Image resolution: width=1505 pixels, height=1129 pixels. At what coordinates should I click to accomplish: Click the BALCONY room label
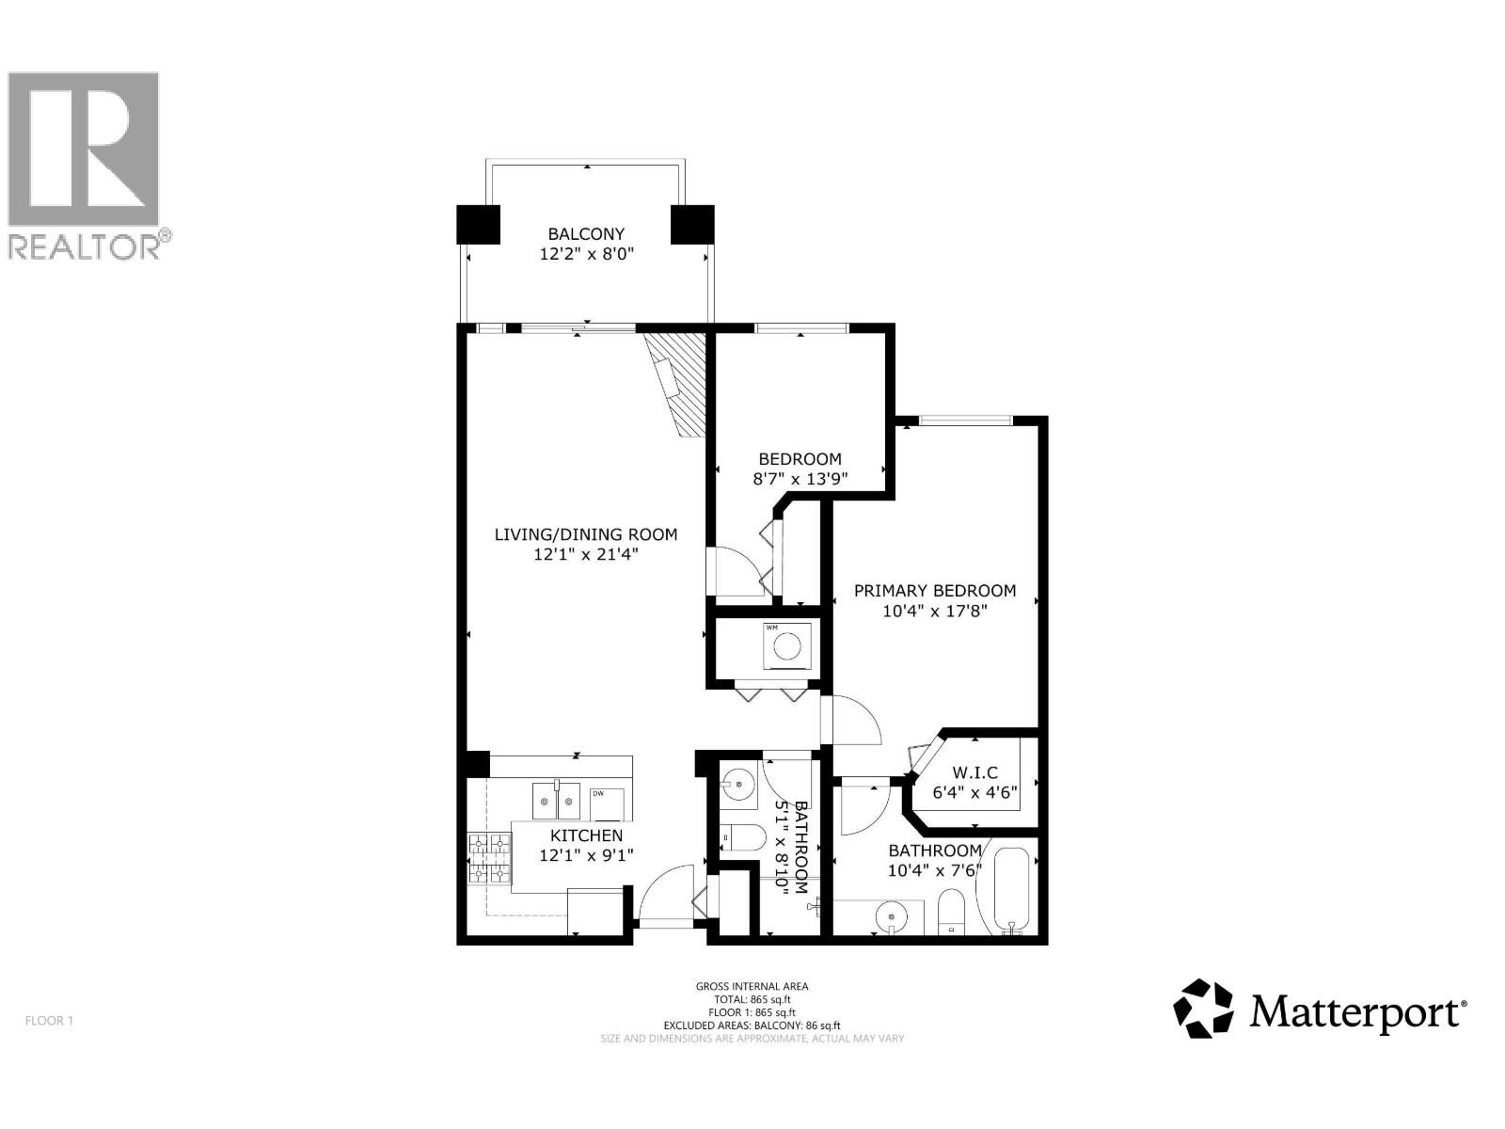tap(586, 233)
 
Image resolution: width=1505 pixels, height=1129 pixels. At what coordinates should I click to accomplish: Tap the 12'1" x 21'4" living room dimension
tap(586, 555)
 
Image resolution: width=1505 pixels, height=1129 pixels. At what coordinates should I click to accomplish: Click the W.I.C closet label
tap(974, 772)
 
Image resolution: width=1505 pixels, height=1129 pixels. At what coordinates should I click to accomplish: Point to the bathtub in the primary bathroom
tap(1011, 889)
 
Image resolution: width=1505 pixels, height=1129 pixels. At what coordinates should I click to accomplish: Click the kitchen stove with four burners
tap(488, 859)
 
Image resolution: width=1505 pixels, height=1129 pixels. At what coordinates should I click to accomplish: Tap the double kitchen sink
tap(556, 800)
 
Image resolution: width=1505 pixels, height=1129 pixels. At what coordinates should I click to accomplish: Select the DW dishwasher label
tap(597, 794)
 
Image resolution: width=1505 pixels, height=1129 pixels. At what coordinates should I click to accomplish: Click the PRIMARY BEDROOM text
tap(934, 591)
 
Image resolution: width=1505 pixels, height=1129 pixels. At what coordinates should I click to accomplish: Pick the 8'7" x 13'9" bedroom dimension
tap(800, 479)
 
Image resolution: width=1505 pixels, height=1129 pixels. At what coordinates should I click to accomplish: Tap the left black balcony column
tap(479, 225)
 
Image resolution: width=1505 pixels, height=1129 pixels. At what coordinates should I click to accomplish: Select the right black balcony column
tap(693, 225)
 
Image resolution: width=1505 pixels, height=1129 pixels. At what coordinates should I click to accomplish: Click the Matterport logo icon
tap(1203, 1009)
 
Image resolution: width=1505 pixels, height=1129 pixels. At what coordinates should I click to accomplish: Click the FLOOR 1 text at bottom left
tap(49, 1021)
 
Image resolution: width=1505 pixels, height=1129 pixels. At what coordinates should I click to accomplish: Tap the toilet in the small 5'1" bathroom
tap(744, 837)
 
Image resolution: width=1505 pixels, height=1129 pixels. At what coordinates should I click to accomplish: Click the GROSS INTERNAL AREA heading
tap(752, 986)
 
